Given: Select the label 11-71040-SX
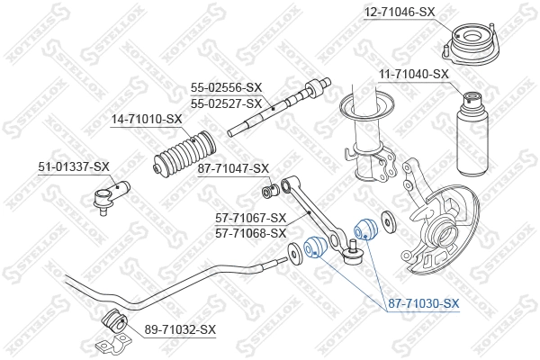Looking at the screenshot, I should point(413,74).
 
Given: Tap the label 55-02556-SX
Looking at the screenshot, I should point(225,88).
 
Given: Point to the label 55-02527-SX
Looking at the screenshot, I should point(225,103).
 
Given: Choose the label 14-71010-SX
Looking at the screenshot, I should point(146,119).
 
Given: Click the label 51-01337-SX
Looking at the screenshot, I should point(74,166).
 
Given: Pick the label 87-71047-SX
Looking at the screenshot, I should point(233,168).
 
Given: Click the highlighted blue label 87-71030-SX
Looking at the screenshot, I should point(423,305).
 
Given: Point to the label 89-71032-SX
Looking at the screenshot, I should point(180,329).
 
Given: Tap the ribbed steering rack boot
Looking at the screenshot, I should point(185,154).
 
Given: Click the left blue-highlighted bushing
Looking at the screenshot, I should point(315,245).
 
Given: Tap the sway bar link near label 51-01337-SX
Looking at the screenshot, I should point(112,193).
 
